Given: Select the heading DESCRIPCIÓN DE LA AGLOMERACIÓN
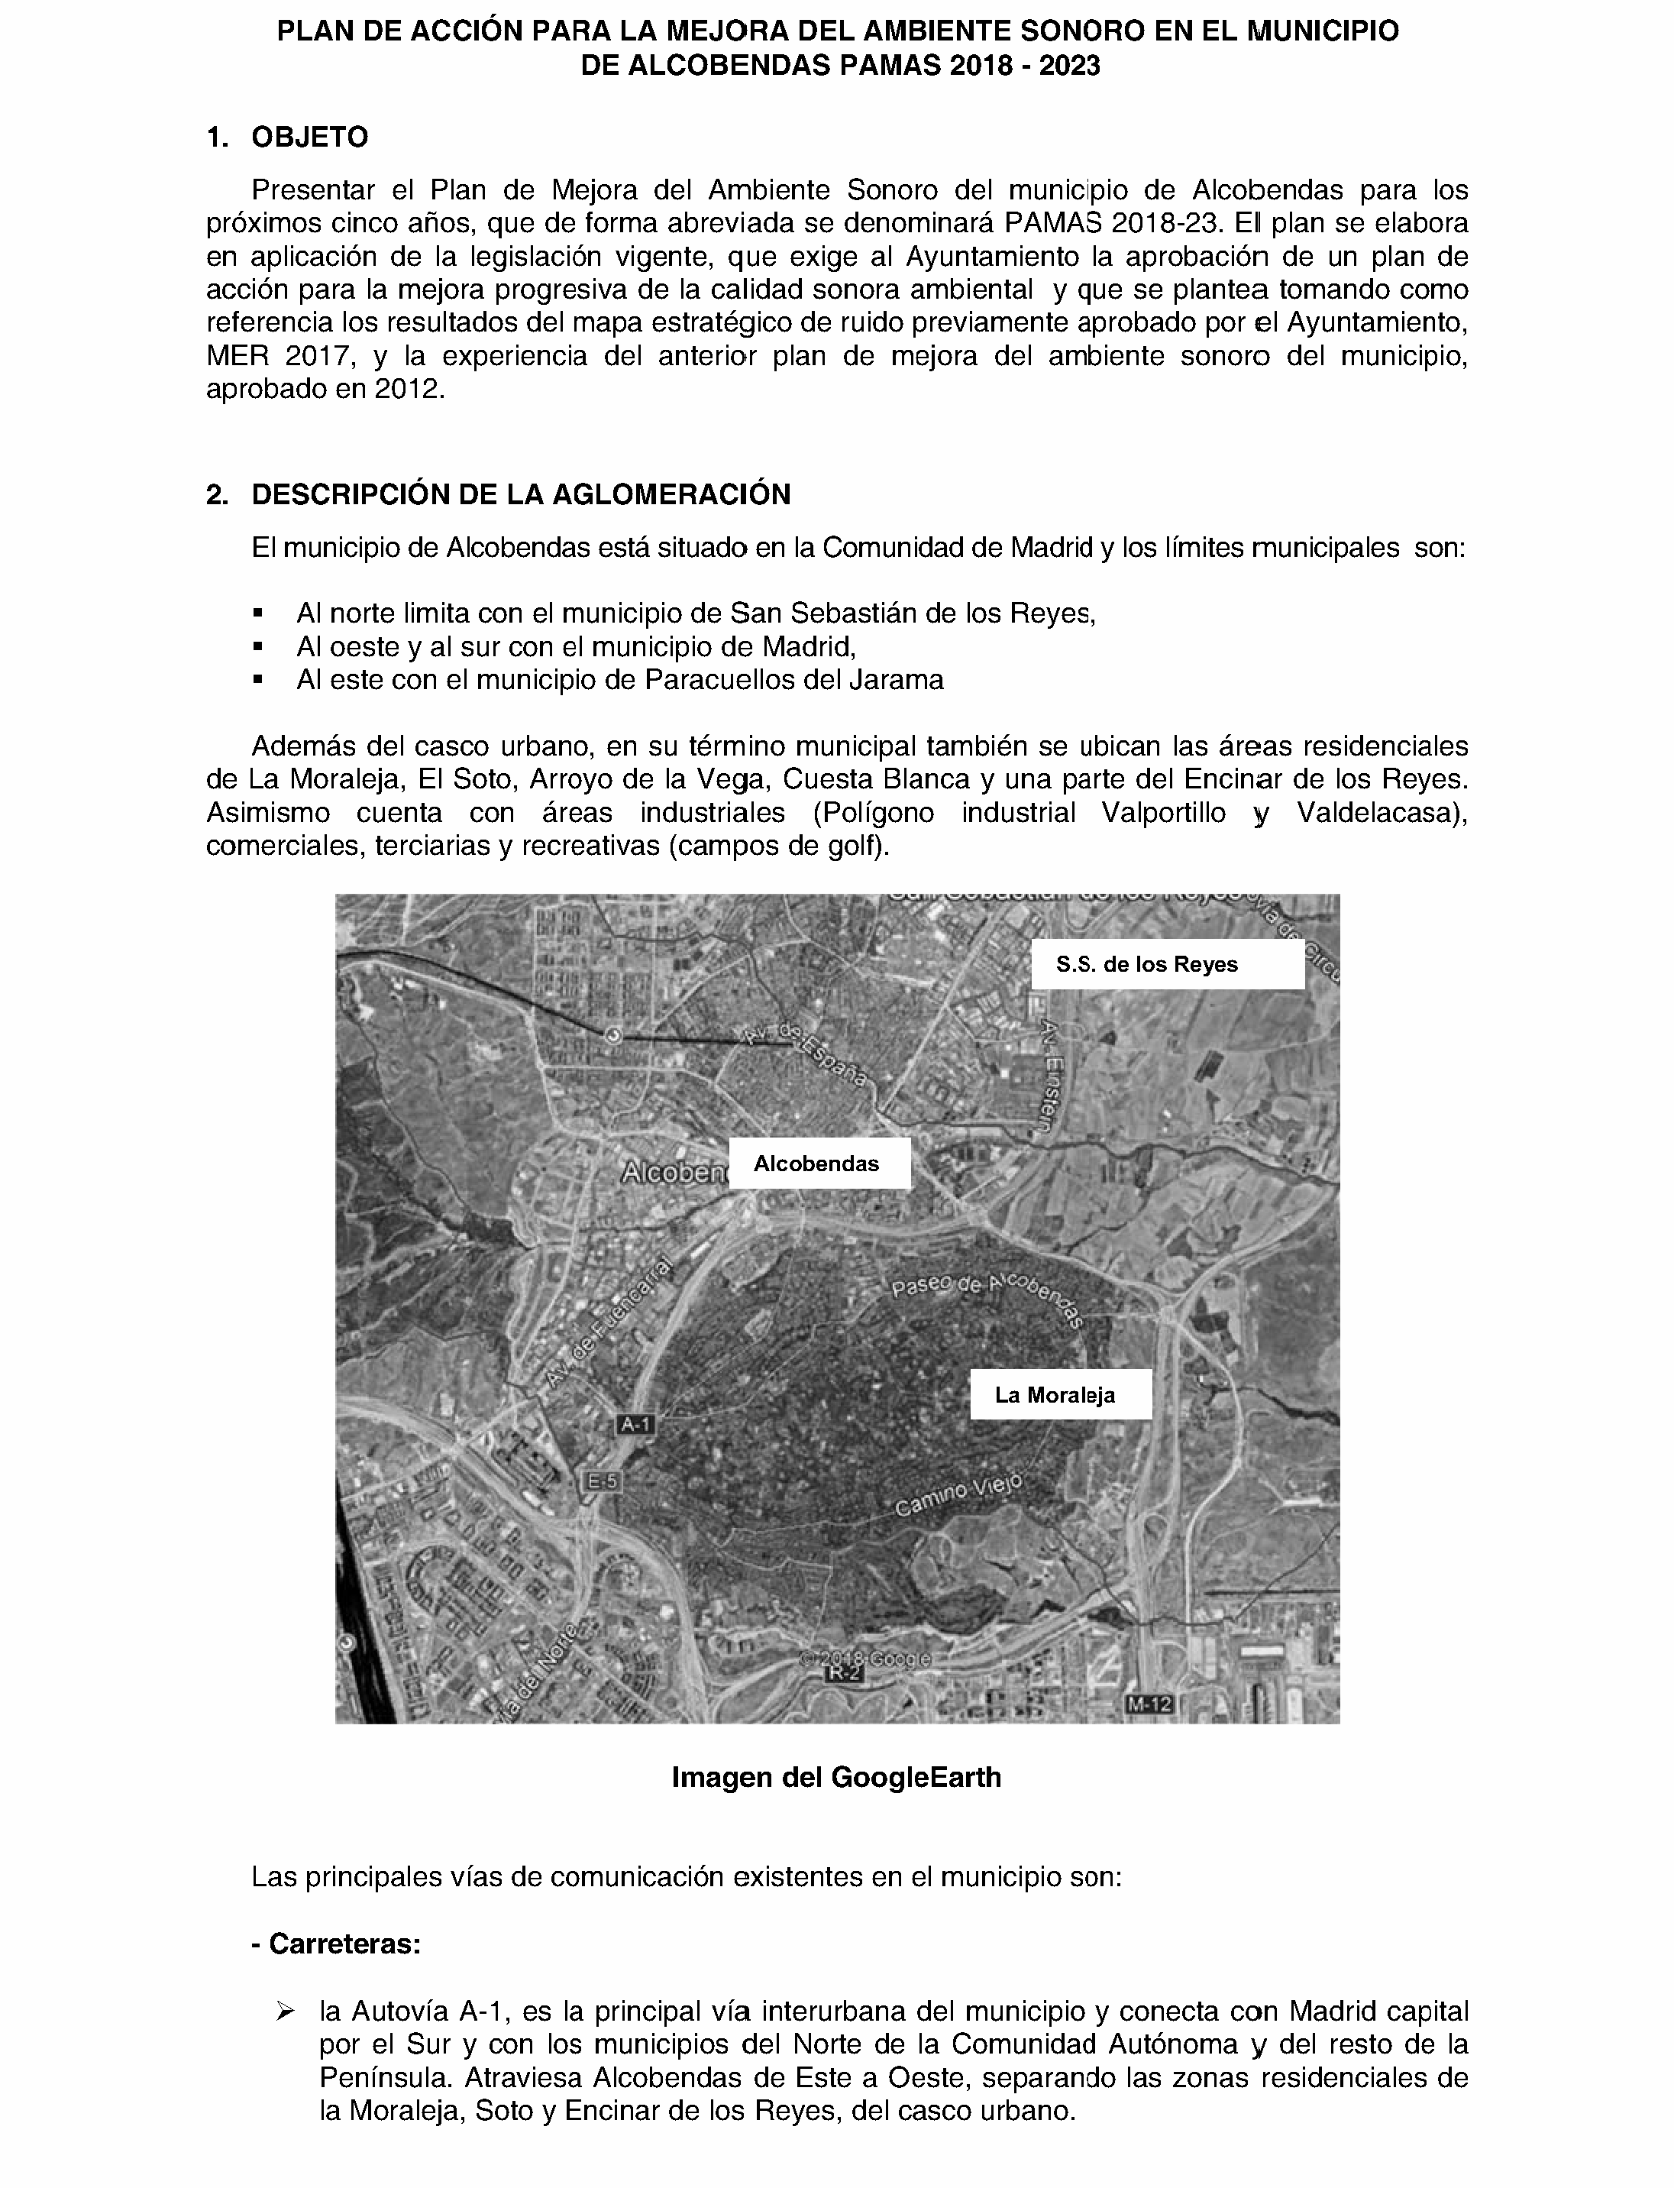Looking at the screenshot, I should click(520, 494).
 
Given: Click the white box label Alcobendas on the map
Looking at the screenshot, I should click(818, 1164).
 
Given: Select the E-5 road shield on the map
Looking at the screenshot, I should click(602, 1481).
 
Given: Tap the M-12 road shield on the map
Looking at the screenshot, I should click(1149, 1704).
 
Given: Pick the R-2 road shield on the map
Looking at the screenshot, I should click(843, 1674).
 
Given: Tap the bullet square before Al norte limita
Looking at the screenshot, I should click(259, 612).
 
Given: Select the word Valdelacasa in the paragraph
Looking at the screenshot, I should click(1380, 812).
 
